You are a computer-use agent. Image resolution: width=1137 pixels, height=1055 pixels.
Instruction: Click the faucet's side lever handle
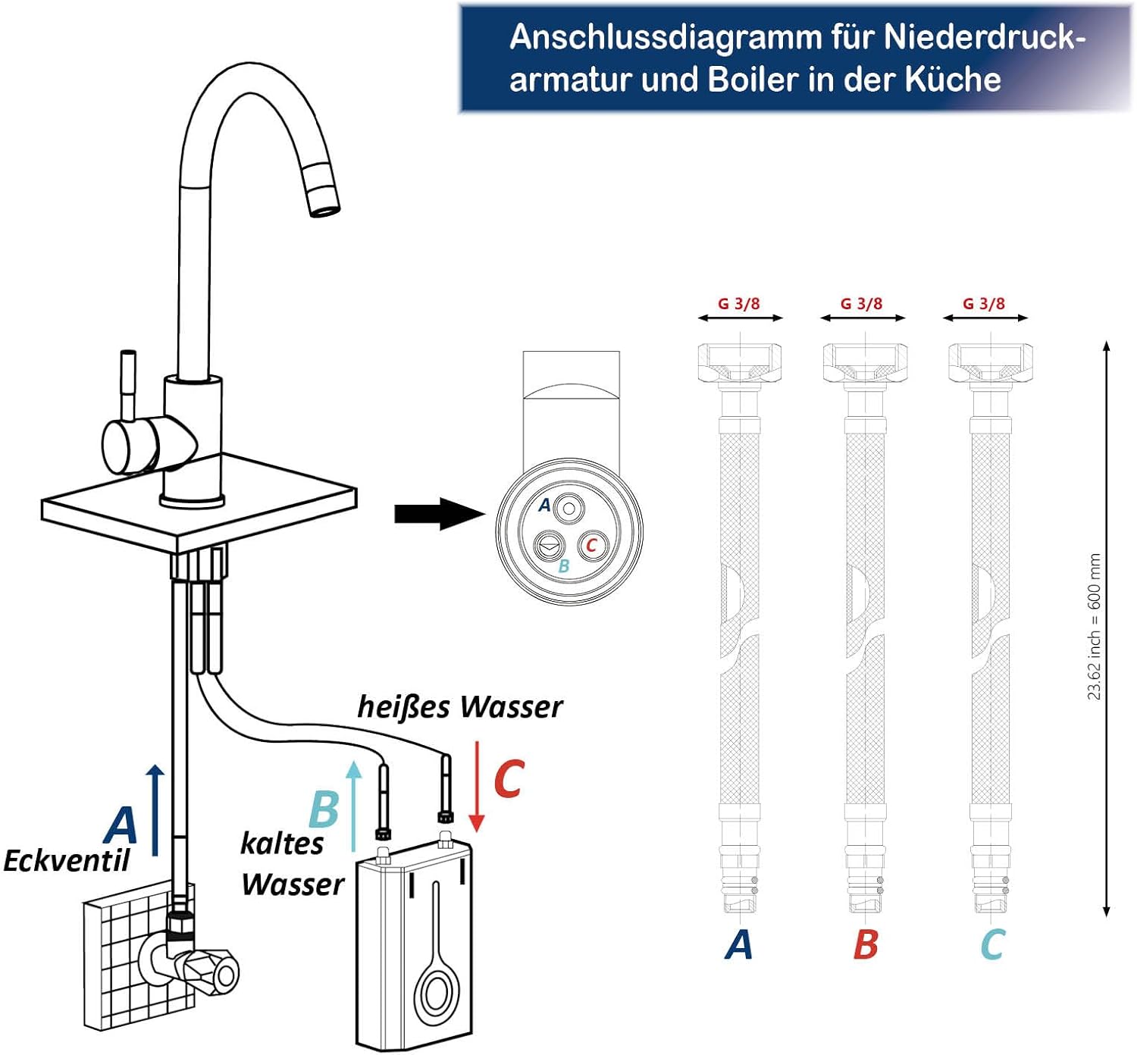tap(128, 380)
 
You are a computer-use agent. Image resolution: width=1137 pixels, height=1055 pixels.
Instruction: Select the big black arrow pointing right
tap(440, 513)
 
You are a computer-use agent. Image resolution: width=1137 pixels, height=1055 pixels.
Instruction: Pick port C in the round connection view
tap(591, 545)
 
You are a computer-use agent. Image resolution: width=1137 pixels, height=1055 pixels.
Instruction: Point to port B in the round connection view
tap(548, 546)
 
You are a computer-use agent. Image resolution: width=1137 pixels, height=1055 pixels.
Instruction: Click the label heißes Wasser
tap(459, 707)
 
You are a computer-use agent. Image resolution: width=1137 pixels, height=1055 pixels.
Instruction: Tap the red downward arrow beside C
tap(476, 787)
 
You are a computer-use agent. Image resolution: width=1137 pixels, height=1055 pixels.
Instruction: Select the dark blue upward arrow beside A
tap(155, 810)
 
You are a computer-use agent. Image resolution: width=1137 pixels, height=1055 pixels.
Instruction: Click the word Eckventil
tap(67, 861)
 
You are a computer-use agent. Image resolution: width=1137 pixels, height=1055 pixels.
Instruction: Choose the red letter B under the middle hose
tap(865, 944)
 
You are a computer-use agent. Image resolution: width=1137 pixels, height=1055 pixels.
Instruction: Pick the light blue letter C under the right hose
tap(992, 944)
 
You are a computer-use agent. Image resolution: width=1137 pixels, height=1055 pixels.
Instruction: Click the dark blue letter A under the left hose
tap(738, 944)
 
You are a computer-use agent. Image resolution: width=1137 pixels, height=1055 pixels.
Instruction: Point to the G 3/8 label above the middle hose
tap(861, 303)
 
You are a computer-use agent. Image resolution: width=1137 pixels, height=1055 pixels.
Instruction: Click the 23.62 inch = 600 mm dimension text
tap(1094, 626)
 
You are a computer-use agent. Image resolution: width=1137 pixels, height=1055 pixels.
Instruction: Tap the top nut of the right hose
tap(991, 363)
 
